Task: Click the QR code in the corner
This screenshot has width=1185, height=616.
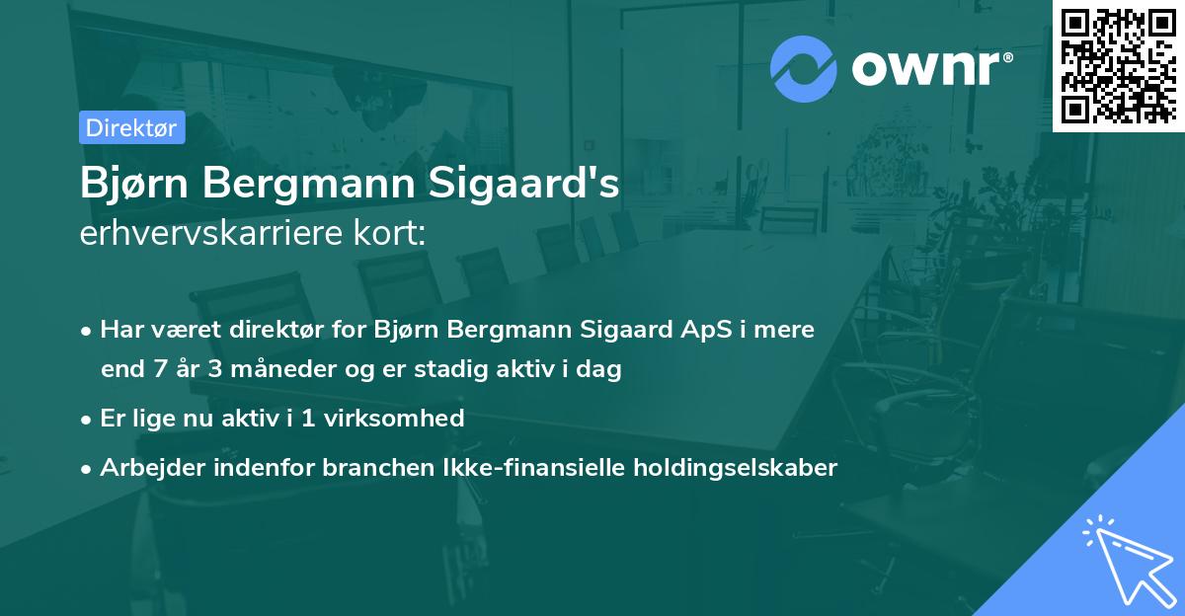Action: tap(1118, 65)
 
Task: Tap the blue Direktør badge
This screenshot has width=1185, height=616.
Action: tap(131, 127)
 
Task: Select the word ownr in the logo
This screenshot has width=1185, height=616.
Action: tap(931, 69)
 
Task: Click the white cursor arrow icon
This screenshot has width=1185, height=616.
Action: tap(1126, 560)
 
